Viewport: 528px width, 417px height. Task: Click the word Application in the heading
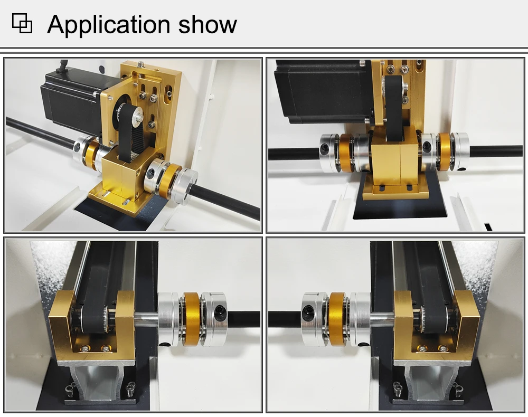(108, 25)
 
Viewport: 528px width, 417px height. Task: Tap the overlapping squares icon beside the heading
(22, 23)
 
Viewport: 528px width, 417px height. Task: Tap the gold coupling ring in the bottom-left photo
(192, 319)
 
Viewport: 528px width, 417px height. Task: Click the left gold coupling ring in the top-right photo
(346, 153)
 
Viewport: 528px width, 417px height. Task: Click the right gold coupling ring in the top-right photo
(445, 152)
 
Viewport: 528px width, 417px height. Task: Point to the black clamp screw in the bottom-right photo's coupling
(307, 313)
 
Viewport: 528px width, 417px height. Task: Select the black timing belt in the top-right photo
(394, 108)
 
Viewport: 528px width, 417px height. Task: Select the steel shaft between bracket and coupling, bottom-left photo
(146, 318)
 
